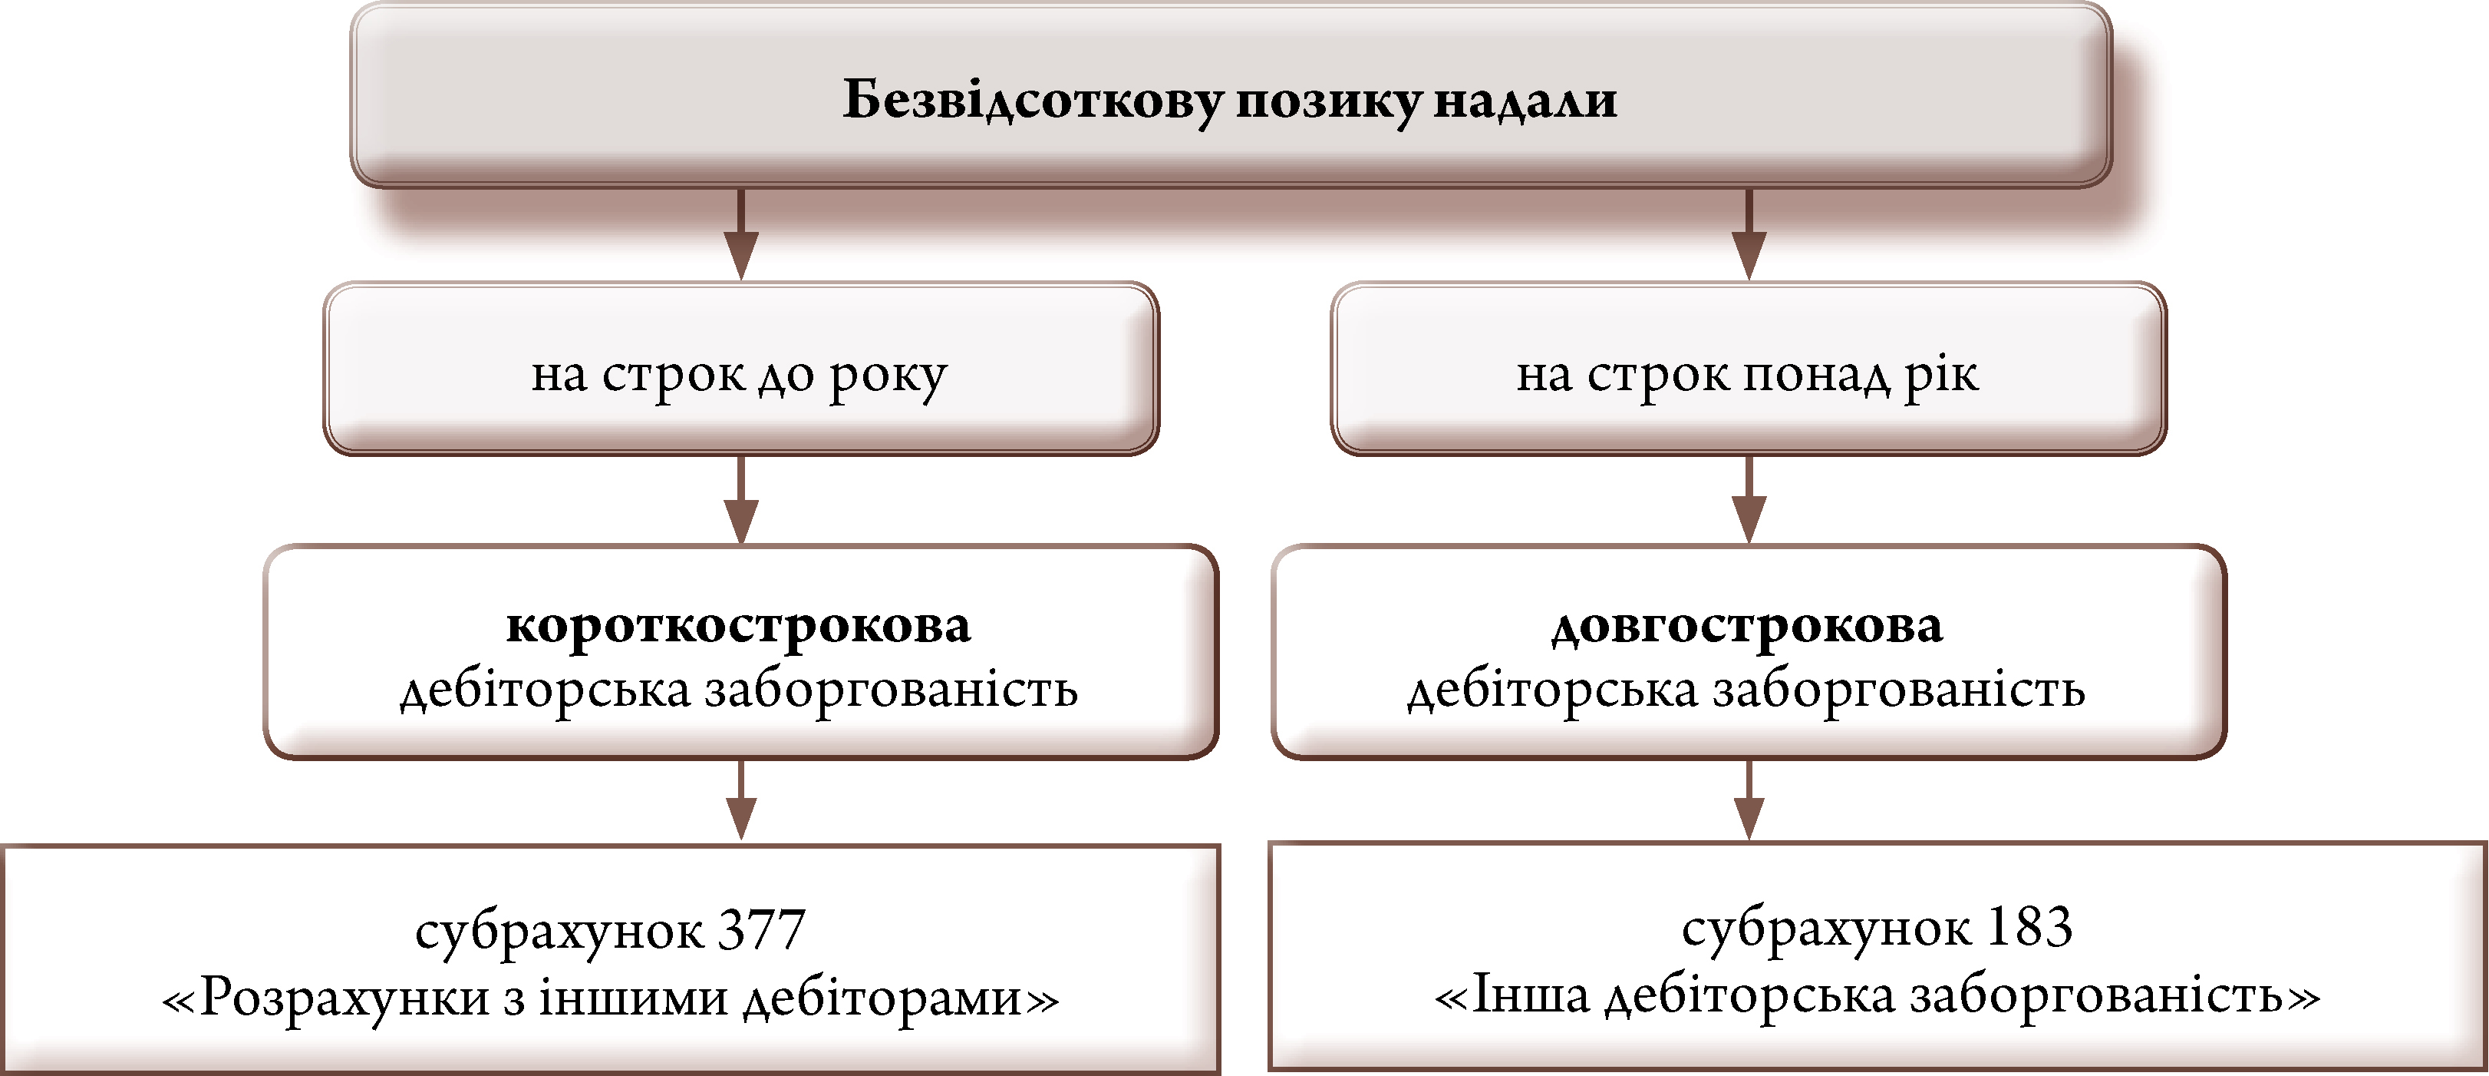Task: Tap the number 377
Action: coord(761,930)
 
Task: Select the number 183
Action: coord(2029,928)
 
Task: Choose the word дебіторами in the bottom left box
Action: coord(883,997)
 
